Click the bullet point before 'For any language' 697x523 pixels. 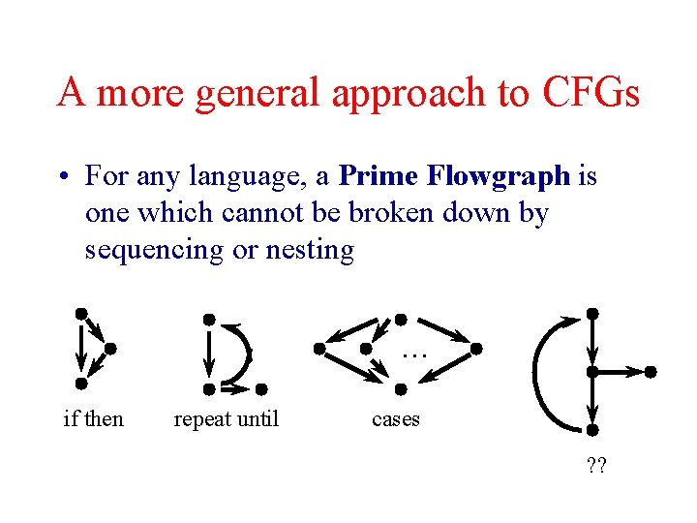63,177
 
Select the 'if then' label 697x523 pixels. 93,419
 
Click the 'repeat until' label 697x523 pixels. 226,419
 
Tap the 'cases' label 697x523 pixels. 396,419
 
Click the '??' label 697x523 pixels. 596,468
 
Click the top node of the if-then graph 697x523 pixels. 82,313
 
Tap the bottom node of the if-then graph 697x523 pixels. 81,383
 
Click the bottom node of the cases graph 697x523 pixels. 401,389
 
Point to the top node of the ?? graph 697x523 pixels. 592,314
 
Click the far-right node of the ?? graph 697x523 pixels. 651,371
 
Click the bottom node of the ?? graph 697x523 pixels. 592,429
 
